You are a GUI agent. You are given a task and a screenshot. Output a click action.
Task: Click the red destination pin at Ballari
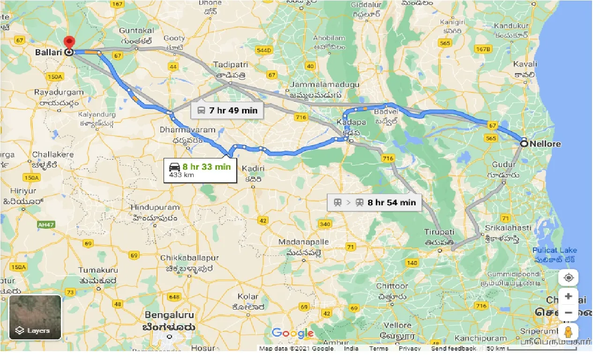[x=69, y=43]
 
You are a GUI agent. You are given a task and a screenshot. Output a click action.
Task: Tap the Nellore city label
[x=545, y=144]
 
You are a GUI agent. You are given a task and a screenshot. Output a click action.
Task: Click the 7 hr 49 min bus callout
[x=227, y=111]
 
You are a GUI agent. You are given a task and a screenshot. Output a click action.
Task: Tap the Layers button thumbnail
[x=35, y=317]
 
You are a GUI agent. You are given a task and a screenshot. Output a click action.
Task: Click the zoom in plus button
[x=569, y=296]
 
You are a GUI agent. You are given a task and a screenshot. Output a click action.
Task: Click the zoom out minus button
[x=569, y=313]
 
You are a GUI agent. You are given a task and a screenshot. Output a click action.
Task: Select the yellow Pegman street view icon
[x=569, y=331]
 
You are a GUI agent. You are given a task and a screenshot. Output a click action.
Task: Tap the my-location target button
[x=569, y=277]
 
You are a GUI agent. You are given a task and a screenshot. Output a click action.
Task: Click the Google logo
[x=292, y=333]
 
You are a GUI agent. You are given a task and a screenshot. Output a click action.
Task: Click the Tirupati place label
[x=439, y=232]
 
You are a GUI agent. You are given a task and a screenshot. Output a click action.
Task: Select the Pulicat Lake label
[x=555, y=250]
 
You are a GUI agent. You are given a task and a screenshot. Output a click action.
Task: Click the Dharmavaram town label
[x=187, y=130]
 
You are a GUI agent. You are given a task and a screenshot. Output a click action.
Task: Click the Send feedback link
[x=453, y=348]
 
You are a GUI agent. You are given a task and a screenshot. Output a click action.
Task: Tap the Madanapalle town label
[x=301, y=242]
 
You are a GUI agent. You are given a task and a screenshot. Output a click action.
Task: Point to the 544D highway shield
[x=264, y=50]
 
